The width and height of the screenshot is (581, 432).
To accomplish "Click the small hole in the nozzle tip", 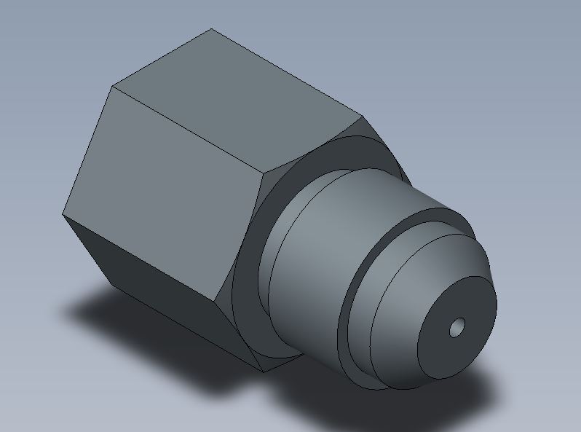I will (456, 328).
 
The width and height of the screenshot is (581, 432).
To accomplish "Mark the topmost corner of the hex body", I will (212, 29).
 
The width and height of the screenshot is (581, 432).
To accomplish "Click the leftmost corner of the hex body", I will (63, 213).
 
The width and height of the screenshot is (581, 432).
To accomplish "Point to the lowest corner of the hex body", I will (262, 372).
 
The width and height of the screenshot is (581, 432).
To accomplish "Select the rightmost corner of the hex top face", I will (362, 116).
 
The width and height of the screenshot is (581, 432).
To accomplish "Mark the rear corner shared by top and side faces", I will (112, 87).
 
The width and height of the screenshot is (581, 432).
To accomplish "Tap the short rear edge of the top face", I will (162, 58).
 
